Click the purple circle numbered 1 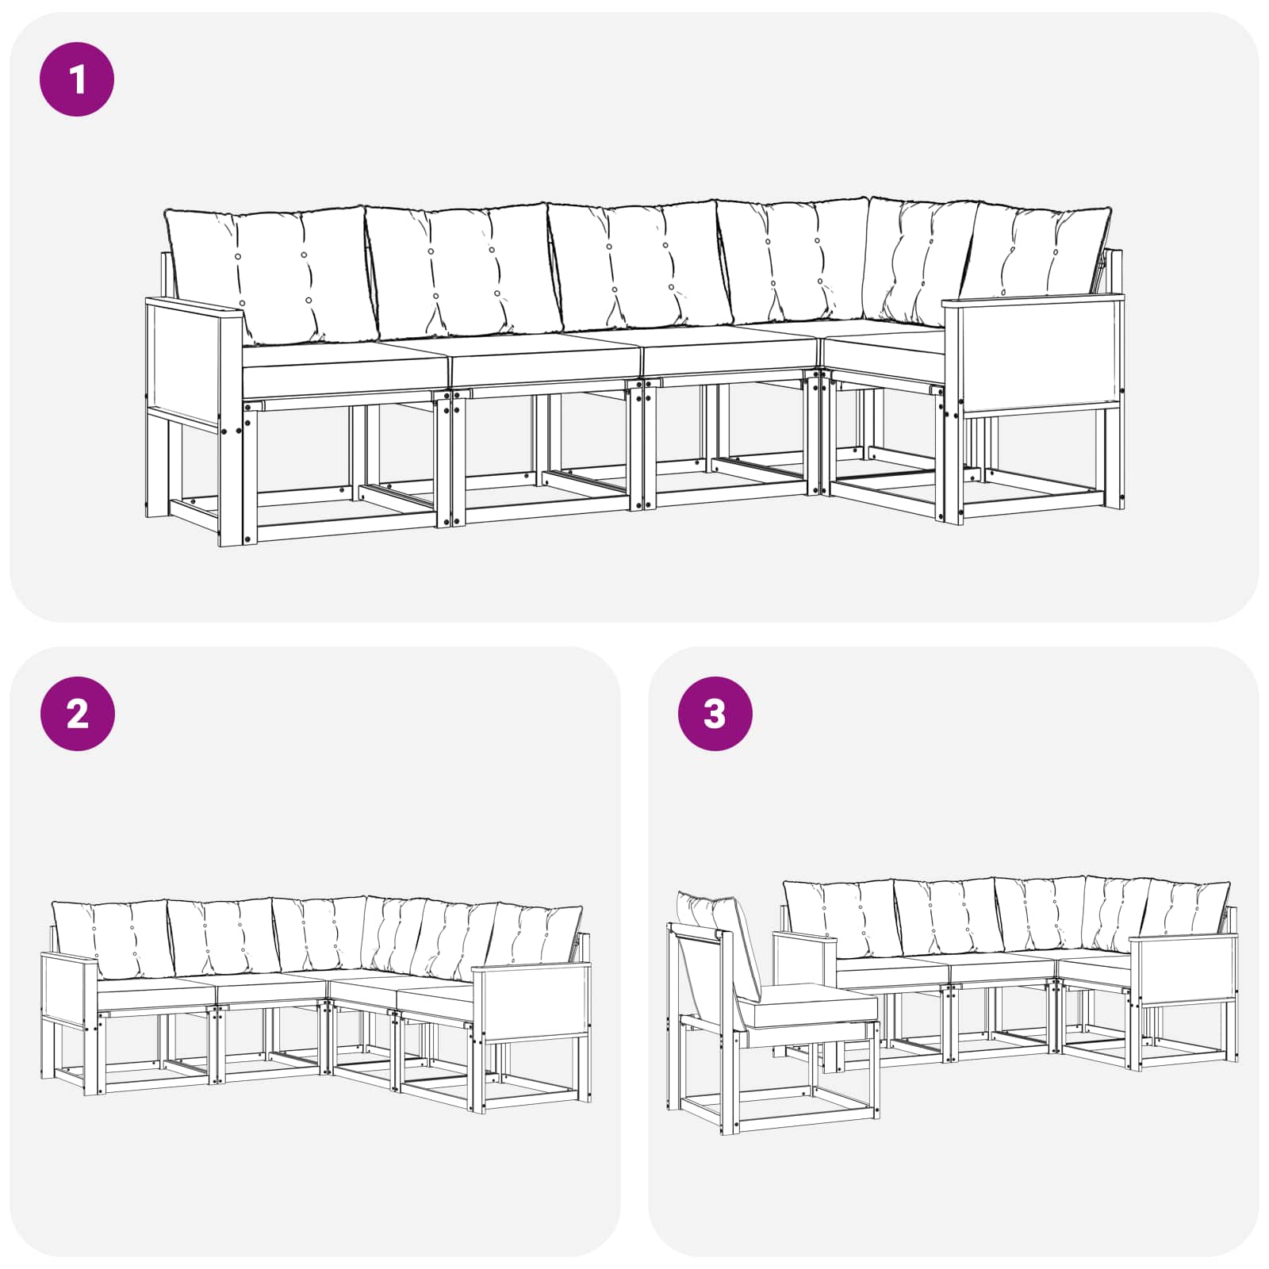77,80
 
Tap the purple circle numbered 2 77,714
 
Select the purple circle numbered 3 715,714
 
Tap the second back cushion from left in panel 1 464,270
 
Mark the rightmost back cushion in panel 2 536,936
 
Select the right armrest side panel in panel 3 1183,971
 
